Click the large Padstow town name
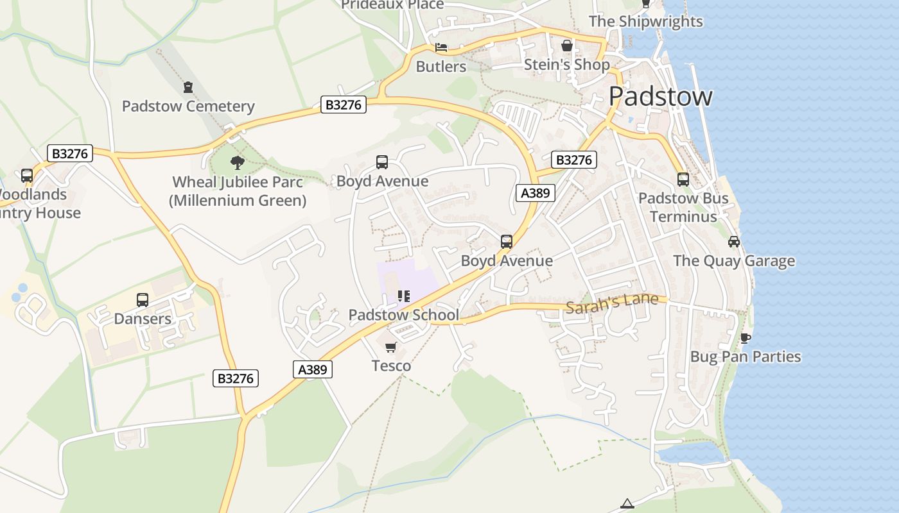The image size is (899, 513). point(660,96)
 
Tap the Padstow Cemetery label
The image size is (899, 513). point(188,106)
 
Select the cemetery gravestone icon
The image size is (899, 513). point(188,87)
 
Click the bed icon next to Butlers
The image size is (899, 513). point(441,47)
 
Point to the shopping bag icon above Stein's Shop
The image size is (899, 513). point(567,46)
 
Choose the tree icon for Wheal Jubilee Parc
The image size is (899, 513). point(238,162)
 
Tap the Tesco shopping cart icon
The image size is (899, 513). point(391,347)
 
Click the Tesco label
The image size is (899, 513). point(391,366)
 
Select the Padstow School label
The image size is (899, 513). point(403,315)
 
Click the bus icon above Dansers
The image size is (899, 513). point(143,299)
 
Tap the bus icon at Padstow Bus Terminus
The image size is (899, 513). point(683,180)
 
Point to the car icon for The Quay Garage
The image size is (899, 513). point(734,242)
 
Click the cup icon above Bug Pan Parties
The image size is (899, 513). point(745,338)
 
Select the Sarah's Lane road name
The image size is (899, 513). point(611,303)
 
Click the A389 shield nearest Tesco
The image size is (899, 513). point(313,369)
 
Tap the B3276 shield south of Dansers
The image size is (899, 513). point(236,378)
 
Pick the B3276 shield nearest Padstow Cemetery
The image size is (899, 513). point(344,105)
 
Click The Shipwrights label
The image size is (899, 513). point(646,21)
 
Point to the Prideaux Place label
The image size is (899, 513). point(392,5)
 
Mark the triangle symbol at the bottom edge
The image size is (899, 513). point(627,503)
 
